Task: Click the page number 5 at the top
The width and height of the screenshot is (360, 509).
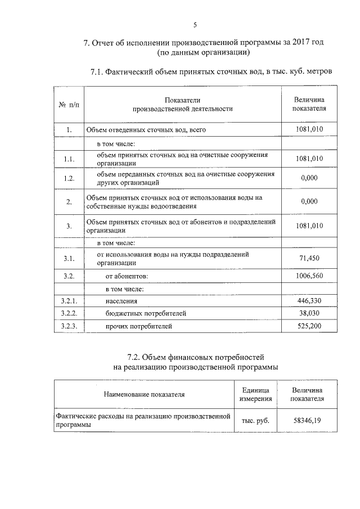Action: pos(195,25)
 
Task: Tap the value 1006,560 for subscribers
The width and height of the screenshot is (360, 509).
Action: pos(309,277)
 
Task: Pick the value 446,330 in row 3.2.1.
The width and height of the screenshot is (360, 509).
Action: pos(309,301)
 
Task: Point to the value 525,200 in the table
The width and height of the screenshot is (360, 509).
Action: pos(309,326)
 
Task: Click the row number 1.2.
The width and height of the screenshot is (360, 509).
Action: pos(69,178)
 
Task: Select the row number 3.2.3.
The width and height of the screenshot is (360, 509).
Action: pos(69,326)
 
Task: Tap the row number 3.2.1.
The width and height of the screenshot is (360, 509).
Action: pos(69,301)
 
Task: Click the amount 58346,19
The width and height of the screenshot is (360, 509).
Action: pos(307,420)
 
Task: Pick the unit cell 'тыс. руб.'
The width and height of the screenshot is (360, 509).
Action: pos(255,420)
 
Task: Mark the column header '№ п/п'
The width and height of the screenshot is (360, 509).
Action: pos(69,104)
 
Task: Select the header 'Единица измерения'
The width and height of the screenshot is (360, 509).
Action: pos(255,394)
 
